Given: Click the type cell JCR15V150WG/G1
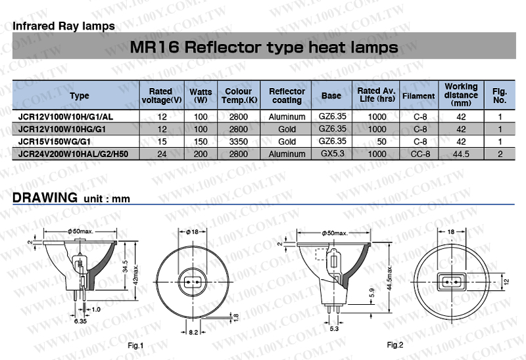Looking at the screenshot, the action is (x=55, y=141).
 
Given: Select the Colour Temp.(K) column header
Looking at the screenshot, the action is (x=239, y=95).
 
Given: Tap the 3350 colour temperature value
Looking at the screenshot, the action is (x=239, y=141).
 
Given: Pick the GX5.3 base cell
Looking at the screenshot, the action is (x=333, y=154).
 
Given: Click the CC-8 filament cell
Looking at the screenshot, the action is (x=420, y=154).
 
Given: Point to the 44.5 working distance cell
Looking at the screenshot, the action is (x=461, y=154).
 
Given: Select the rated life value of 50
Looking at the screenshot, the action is (x=381, y=141).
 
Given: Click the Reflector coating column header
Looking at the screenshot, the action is (x=287, y=95).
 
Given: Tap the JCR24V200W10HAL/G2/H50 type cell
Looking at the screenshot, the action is (x=73, y=154).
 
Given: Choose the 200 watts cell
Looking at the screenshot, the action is (x=201, y=154).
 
